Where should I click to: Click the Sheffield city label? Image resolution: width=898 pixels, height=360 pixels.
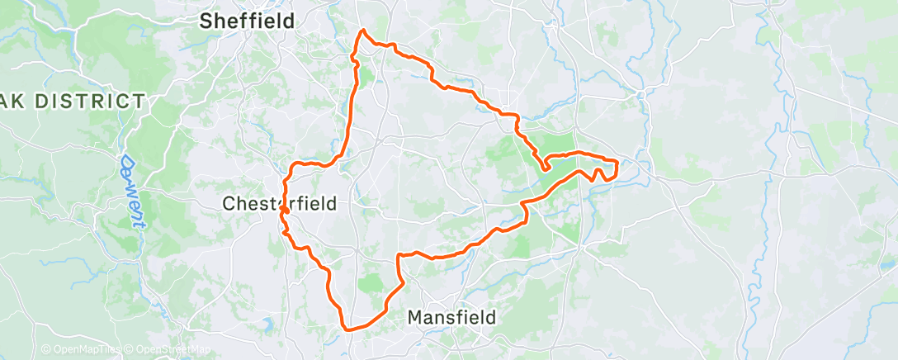pyautogui.click(x=247, y=21)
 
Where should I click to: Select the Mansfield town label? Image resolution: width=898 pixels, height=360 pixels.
pyautogui.click(x=453, y=317)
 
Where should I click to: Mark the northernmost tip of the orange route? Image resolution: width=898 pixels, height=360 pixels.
pyautogui.click(x=362, y=31)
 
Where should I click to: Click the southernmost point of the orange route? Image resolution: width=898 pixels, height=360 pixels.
pyautogui.click(x=348, y=329)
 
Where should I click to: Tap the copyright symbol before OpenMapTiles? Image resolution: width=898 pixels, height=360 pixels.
pyautogui.click(x=46, y=350)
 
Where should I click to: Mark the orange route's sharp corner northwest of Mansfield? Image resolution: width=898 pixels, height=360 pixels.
pyautogui.click(x=399, y=255)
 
